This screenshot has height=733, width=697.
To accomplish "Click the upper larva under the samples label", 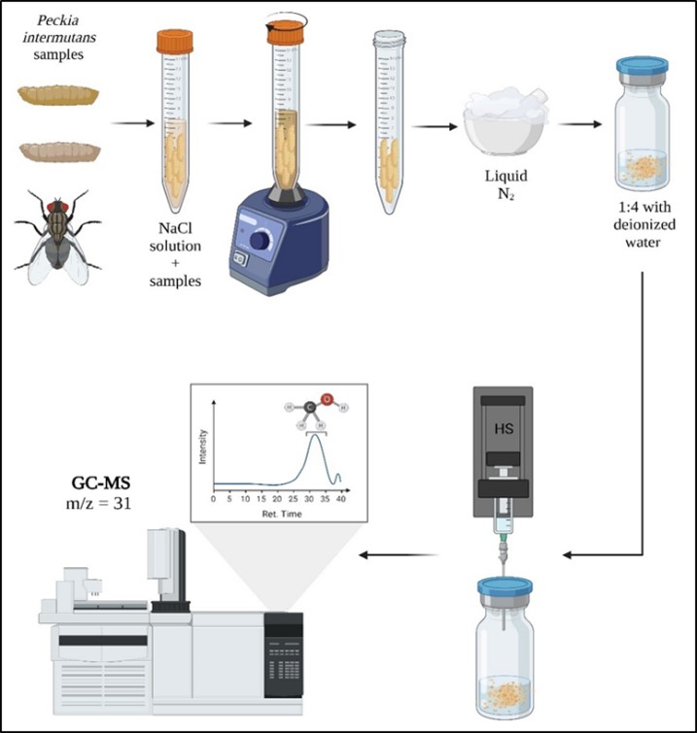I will click(x=59, y=97).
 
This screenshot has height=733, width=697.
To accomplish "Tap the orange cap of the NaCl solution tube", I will click(x=174, y=42).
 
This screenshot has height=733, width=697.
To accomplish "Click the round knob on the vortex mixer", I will click(x=259, y=239).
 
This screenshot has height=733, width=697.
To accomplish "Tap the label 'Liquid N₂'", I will click(x=505, y=186).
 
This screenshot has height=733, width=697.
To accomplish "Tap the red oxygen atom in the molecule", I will click(x=327, y=398).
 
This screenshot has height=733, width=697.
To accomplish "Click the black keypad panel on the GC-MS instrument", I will click(x=283, y=656).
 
